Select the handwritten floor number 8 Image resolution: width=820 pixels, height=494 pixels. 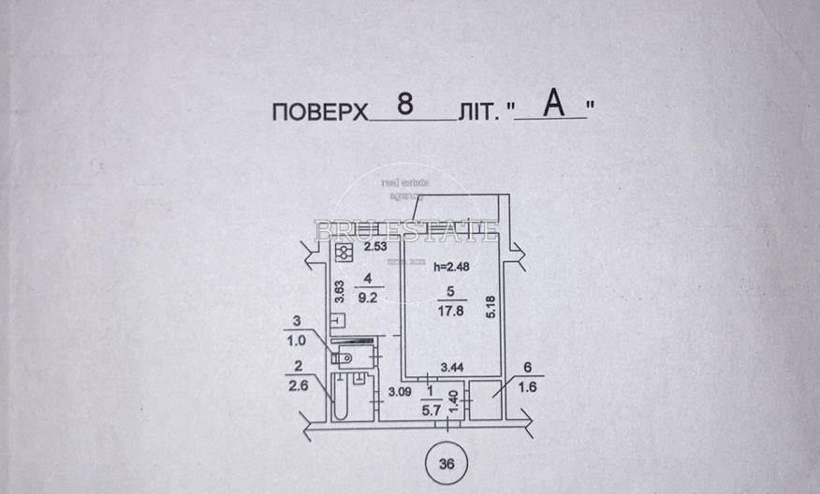(x=405, y=105)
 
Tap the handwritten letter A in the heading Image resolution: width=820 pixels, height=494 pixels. (x=554, y=105)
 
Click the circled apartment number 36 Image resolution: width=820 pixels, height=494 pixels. (x=447, y=462)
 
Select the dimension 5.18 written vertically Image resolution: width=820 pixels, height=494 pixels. (x=490, y=305)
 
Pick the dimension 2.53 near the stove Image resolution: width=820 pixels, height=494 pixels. (x=374, y=248)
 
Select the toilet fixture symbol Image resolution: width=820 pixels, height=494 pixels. (x=344, y=357)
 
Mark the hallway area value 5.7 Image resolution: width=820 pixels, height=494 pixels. (x=431, y=409)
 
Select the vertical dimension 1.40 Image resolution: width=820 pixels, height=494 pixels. (x=454, y=403)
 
